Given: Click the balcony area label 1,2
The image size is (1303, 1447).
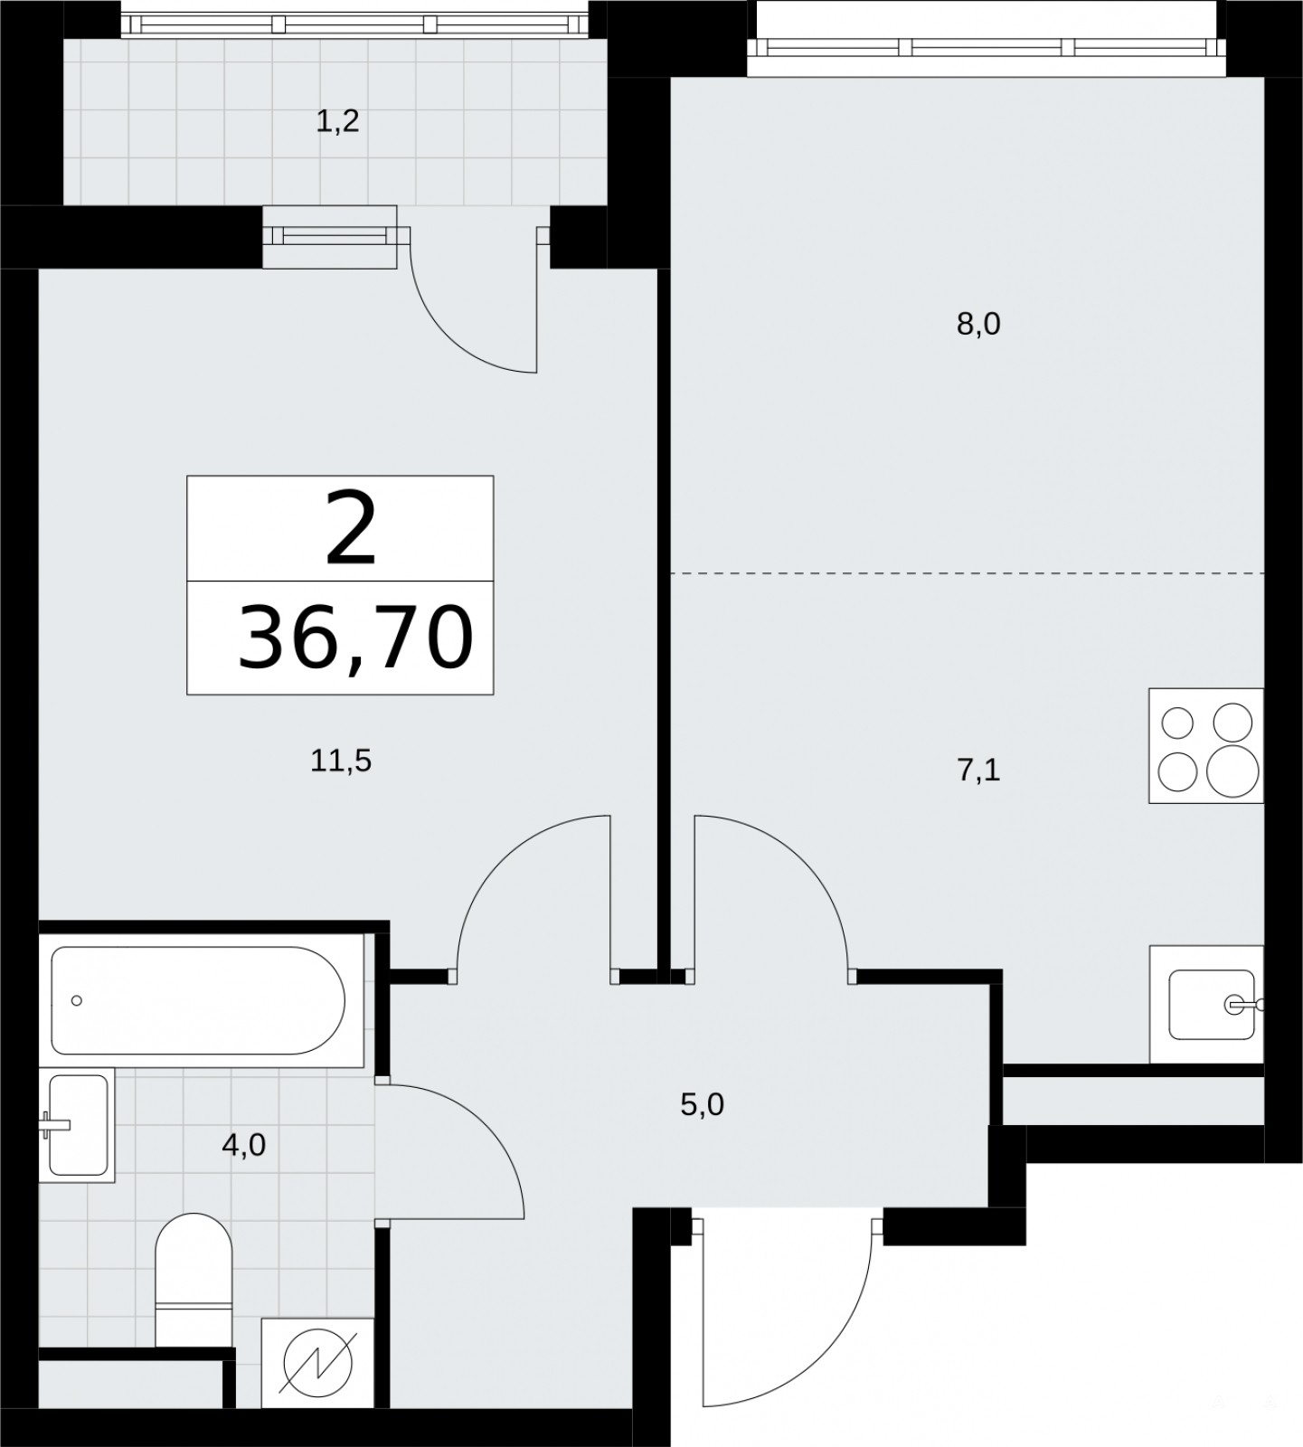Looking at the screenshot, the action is pos(337,121).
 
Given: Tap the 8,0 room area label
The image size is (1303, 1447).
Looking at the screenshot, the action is pos(978,324).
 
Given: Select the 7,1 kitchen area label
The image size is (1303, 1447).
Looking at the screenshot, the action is pos(978,771).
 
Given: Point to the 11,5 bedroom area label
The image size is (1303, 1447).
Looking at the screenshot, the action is pos(341,761).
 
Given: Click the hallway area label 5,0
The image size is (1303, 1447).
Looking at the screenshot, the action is pos(703,1104).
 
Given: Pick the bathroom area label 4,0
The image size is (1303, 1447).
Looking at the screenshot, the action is pos(243,1145).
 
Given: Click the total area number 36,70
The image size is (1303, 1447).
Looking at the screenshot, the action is pos(355,638).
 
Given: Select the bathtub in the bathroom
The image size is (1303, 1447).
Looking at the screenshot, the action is pos(198,1000).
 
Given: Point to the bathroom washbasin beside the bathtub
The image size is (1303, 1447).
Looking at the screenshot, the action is pos(77,1125).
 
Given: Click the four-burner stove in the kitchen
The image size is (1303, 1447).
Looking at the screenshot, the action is pos(1206,745).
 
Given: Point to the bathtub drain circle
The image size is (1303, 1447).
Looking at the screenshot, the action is pos(77,1000).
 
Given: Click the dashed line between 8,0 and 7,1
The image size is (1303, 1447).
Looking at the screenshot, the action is pos(967,573).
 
